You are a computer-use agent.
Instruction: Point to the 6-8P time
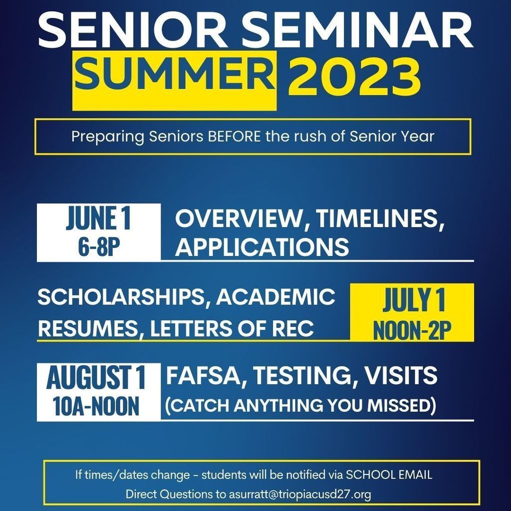99,247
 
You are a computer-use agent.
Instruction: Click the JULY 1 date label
414,299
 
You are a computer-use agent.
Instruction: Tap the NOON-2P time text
412,330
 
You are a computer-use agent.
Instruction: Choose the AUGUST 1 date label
96,377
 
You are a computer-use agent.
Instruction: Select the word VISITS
401,375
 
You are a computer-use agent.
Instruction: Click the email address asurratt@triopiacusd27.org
300,494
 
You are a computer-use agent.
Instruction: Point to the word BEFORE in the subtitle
235,136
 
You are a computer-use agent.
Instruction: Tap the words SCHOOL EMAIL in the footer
389,475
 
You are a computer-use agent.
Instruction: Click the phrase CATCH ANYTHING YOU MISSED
300,405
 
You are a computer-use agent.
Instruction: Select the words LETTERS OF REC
232,328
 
